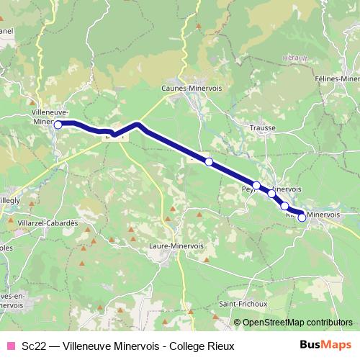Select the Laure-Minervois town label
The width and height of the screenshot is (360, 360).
coord(176,246)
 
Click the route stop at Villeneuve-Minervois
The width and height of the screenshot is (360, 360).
coord(58,124)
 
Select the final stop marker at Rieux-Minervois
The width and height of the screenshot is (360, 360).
coord(302,217)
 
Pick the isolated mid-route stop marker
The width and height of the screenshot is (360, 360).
coord(209,162)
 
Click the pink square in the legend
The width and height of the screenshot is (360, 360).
coord(10,346)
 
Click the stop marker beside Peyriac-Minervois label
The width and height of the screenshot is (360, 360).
coord(256,186)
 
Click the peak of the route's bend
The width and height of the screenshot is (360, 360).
coord(138,125)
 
